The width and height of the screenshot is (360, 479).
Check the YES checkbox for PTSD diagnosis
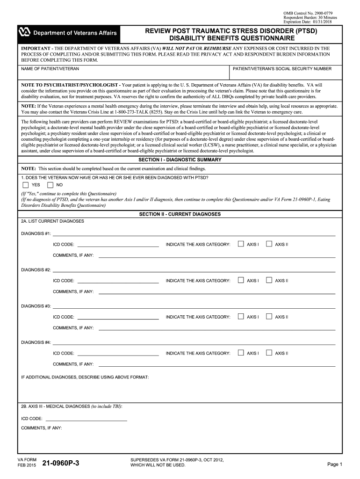pyautogui.click(x=26, y=184)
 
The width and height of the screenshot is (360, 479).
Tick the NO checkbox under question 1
pyautogui.click(x=50, y=184)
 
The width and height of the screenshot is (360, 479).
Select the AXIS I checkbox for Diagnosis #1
pyautogui.click(x=241, y=244)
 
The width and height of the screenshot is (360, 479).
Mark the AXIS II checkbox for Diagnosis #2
pyautogui.click(x=269, y=280)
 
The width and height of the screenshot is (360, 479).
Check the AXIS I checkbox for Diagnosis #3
pyautogui.click(x=241, y=317)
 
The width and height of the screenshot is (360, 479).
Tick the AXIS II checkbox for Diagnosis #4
pyautogui.click(x=269, y=353)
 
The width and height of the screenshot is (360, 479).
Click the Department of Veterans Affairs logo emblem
pyautogui.click(x=24, y=32)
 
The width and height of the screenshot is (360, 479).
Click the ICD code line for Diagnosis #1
pyautogui.click(x=118, y=244)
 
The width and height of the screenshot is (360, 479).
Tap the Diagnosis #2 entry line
pyautogui.click(x=194, y=270)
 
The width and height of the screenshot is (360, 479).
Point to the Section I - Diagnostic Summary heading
pyautogui.click(x=180, y=160)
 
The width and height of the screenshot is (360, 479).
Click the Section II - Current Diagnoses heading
pyautogui.click(x=180, y=214)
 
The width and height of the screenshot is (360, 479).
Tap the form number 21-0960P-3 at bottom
pyautogui.click(x=61, y=464)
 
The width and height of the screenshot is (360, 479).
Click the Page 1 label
pyautogui.click(x=335, y=464)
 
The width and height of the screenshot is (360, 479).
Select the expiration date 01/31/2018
pyautogui.click(x=326, y=22)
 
